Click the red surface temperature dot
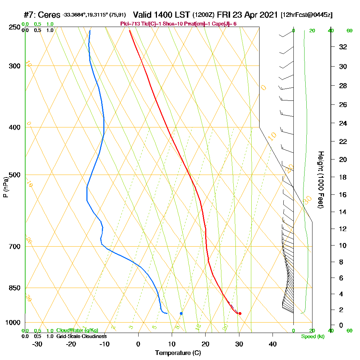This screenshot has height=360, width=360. [x=240, y=313]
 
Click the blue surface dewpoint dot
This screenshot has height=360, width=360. [x=181, y=313]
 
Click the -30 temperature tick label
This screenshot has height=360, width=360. [x=37, y=344]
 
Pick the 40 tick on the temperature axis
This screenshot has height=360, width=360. [x=273, y=344]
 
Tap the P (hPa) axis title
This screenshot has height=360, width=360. [x=5, y=187]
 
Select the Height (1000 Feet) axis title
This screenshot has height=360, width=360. [x=320, y=180]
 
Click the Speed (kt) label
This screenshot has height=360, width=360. [x=312, y=336]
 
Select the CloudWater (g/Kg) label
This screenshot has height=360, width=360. [x=77, y=330]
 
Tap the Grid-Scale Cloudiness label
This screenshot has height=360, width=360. [x=81, y=336]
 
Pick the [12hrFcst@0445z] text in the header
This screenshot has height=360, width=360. [x=307, y=15]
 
